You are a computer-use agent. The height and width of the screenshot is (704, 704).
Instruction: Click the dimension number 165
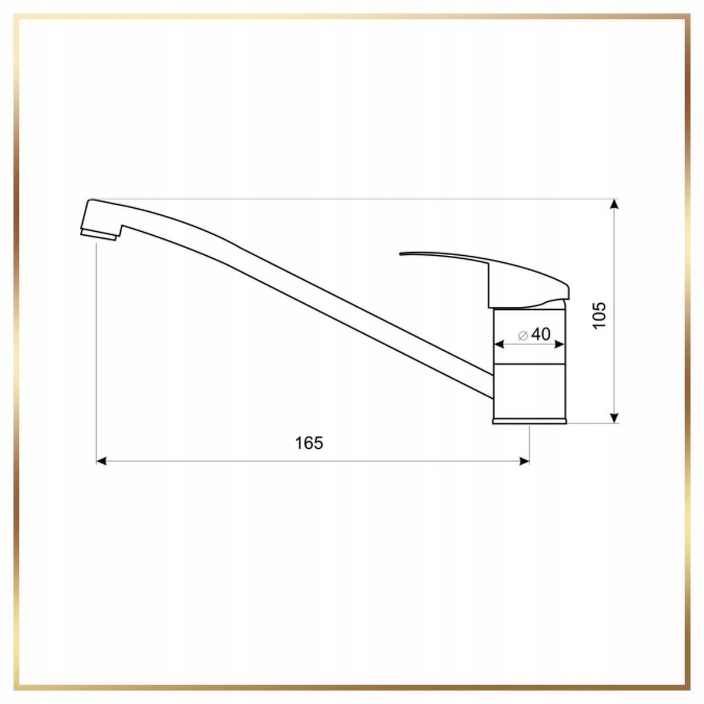(309, 443)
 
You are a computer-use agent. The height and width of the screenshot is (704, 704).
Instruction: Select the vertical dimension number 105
(599, 315)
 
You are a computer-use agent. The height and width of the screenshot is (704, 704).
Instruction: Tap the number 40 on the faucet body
(541, 334)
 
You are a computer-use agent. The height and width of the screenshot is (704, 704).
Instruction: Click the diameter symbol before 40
(523, 335)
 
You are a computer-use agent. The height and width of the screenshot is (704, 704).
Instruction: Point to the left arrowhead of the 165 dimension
(101, 462)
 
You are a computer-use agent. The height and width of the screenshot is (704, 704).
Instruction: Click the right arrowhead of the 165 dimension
(525, 462)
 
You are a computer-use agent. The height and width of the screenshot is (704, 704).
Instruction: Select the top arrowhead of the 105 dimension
(614, 204)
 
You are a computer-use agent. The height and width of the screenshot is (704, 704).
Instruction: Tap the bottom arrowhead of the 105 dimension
(614, 418)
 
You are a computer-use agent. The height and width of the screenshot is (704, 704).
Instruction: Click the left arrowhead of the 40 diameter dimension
(498, 344)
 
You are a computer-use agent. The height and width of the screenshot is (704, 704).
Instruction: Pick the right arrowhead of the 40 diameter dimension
(560, 344)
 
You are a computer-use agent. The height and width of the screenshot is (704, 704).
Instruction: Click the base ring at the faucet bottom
(529, 421)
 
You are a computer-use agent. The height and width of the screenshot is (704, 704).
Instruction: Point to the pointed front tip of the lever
(401, 254)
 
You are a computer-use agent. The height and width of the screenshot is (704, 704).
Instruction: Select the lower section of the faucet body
(529, 391)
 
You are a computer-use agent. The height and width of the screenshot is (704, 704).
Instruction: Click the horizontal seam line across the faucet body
(529, 363)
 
